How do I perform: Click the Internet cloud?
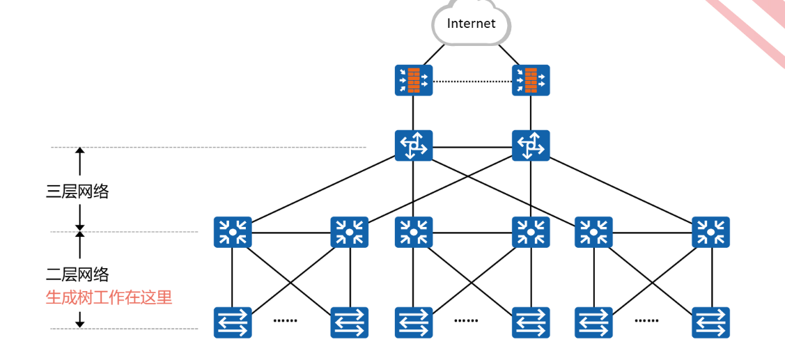click(x=471, y=23)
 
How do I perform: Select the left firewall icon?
click(x=413, y=80)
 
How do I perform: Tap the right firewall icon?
click(x=531, y=80)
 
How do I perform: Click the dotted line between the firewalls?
click(x=472, y=81)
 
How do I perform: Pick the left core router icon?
click(x=413, y=146)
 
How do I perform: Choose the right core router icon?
click(x=531, y=146)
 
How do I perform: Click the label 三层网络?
click(x=77, y=191)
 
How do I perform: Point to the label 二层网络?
click(x=77, y=274)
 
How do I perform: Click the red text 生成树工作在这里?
click(x=109, y=297)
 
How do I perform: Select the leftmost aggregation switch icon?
click(x=233, y=232)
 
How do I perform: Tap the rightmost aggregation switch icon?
click(x=711, y=232)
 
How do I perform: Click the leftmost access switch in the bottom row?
click(x=233, y=322)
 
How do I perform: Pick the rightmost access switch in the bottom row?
click(x=711, y=322)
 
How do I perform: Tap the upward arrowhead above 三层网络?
click(x=79, y=151)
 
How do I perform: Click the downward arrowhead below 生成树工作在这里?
click(x=79, y=324)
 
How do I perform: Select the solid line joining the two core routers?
click(x=472, y=147)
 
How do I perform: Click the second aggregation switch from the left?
click(x=350, y=232)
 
